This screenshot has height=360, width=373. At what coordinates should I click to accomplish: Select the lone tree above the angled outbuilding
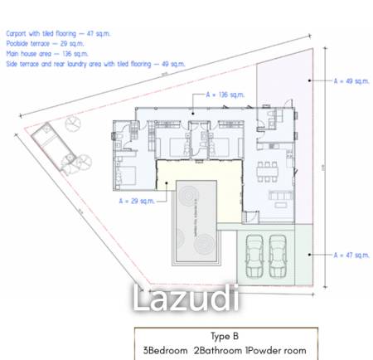coord(72,124)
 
